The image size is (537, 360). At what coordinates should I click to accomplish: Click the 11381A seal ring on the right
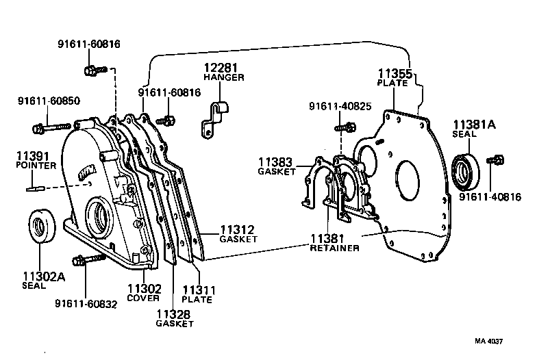tap(468, 171)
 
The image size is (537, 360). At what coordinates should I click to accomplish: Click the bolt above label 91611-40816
tap(495, 161)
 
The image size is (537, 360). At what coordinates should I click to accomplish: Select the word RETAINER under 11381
tap(335, 248)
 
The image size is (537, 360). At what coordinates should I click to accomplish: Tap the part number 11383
tap(275, 163)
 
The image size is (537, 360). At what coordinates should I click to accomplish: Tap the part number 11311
tap(198, 290)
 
